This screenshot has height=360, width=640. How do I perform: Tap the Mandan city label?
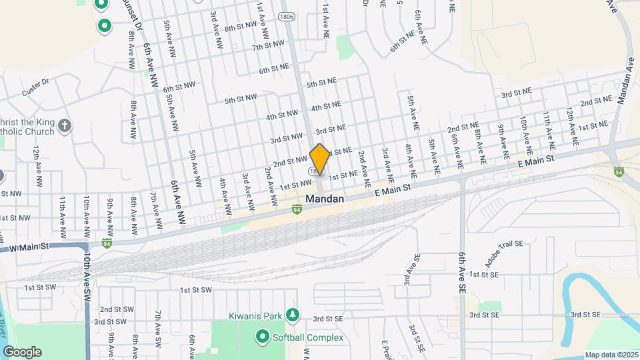pyautogui.click(x=325, y=199)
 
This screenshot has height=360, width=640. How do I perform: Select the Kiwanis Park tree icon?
pyautogui.click(x=291, y=314)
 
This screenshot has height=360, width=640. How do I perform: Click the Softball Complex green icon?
pyautogui.click(x=262, y=337)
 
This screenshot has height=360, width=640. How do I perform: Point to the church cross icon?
pyautogui.click(x=65, y=125)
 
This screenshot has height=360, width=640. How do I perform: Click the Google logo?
pyautogui.click(x=22, y=351)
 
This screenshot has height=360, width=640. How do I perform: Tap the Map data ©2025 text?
pyautogui.click(x=611, y=354)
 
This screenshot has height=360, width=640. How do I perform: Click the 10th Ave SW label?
pyautogui.click(x=87, y=280)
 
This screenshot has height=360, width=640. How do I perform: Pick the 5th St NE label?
pyautogui.click(x=321, y=84)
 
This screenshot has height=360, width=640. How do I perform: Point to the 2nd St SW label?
pyautogui.click(x=115, y=309)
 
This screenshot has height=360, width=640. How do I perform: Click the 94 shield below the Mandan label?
pyautogui.click(x=295, y=209)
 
